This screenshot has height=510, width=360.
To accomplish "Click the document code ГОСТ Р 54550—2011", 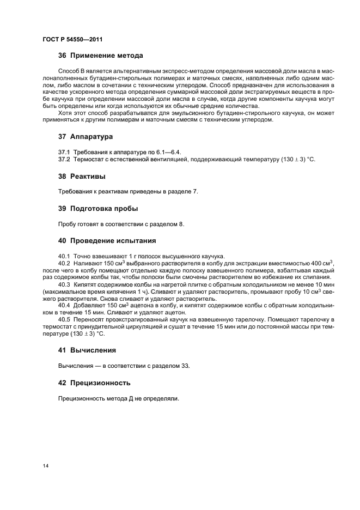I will pos(72,40).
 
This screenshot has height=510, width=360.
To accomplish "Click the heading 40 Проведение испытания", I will pos(107,240).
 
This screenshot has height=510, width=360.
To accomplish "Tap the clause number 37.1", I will pos(64,151).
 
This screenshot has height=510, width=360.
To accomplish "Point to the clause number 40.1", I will pos(64,256).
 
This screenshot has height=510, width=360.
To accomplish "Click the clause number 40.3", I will pos(64,285).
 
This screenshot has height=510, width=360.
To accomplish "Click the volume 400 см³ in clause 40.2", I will pos(322,264).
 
